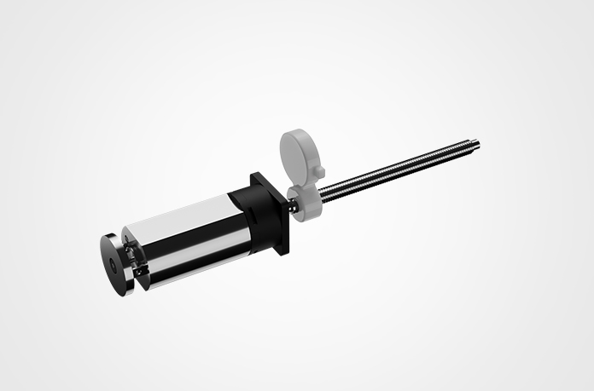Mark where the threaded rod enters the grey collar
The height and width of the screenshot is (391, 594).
point(323,193)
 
